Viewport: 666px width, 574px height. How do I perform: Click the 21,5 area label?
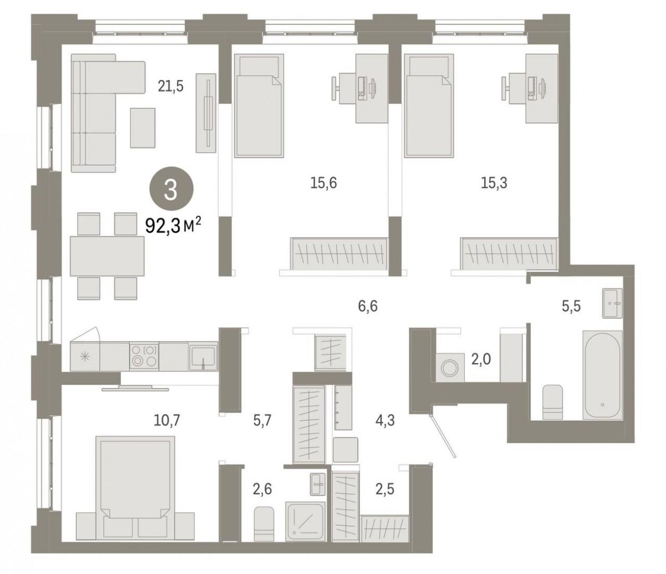click(170, 86)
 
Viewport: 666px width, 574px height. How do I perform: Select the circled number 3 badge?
click(171, 190)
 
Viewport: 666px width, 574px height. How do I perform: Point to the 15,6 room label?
click(323, 183)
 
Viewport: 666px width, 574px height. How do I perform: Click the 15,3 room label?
click(494, 183)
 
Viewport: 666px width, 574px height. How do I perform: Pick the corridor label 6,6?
click(368, 306)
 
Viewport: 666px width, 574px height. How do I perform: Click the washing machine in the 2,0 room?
click(450, 367)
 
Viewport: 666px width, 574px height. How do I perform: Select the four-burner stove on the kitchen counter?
click(144, 356)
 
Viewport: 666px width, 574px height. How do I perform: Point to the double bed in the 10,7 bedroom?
click(135, 491)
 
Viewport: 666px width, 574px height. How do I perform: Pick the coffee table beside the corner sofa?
click(143, 128)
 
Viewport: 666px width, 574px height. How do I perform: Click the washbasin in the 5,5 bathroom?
click(612, 303)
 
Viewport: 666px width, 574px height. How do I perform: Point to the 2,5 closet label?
click(385, 489)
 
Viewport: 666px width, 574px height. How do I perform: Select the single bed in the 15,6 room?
click(259, 106)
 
